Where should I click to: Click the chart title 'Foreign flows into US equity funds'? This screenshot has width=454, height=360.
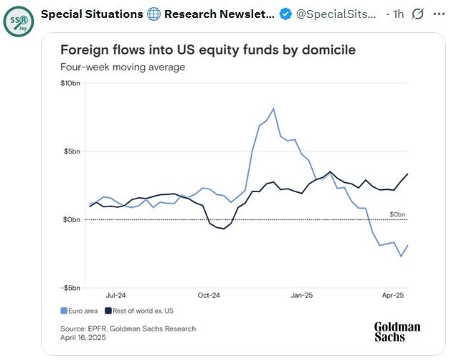click(207, 50)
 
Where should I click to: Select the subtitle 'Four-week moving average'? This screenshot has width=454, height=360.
click(123, 67)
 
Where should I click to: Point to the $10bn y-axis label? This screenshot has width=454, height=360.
click(70, 84)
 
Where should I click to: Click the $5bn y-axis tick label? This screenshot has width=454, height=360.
click(72, 151)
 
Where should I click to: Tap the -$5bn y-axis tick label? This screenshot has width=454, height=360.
click(70, 288)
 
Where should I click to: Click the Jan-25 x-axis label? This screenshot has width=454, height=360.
click(301, 295)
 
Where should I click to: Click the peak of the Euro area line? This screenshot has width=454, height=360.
click(274, 109)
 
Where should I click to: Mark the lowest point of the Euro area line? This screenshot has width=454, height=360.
click(401, 256)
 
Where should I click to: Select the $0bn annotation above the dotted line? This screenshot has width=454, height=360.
click(398, 214)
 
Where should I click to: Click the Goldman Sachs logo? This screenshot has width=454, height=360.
click(397, 331)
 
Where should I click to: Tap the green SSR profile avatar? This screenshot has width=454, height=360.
click(17, 21)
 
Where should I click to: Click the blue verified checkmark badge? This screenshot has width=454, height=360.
click(285, 14)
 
